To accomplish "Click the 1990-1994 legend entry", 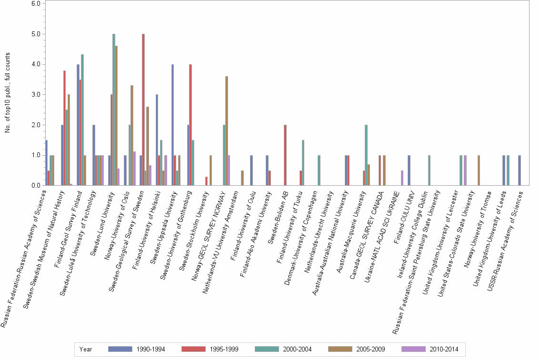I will point(137,349).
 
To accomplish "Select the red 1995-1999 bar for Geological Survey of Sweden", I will point(143,110).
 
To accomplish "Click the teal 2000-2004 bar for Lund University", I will point(114,110).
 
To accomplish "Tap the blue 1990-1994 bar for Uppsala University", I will point(172,125).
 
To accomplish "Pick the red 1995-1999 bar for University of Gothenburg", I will point(191,125).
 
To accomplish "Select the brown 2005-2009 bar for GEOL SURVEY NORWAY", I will point(227,131).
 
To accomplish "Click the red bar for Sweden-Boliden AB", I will point(285,155).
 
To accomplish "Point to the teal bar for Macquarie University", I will point(366,155).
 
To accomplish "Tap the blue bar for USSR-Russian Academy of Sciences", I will point(520,170).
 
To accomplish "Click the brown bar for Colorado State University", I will point(479,170).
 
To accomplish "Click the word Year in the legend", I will point(86,349).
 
